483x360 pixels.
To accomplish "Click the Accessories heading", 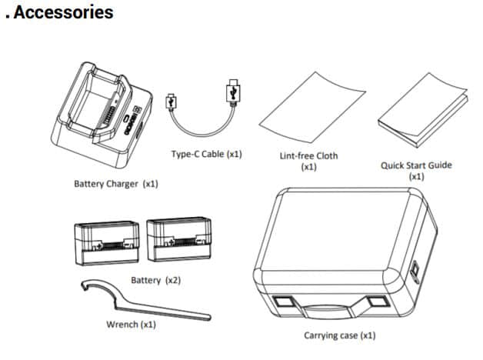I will [62, 13].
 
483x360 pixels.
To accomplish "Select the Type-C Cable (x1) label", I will [206, 154].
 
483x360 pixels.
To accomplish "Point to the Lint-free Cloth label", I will [308, 155].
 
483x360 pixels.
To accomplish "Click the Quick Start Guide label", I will [416, 165].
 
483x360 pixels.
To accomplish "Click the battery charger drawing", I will [101, 115].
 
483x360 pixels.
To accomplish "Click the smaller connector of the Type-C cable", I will [173, 100].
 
